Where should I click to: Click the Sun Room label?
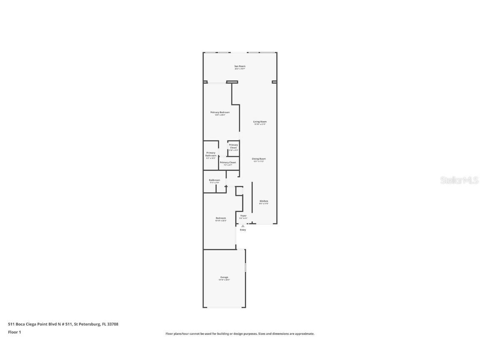pos(240,67)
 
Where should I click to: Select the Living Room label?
pos(260,122)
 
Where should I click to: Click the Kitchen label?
pos(264,202)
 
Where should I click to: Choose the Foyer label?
pos(243,216)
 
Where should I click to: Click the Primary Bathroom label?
pos(211,155)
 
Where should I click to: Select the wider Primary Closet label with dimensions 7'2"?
pos(228,163)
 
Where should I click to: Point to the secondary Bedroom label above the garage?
pos(220,219)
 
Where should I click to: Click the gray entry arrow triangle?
pos(243,226)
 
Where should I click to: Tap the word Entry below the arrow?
pos(243,230)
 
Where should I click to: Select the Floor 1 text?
pos(14,332)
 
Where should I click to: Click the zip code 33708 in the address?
pos(113,324)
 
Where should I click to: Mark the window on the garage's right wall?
pos(245,267)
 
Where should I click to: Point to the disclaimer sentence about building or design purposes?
pos(240,334)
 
